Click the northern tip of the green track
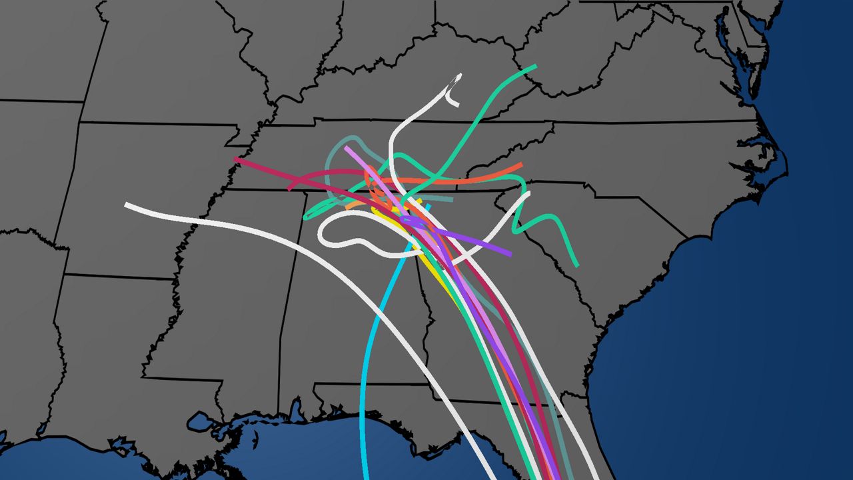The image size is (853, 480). (535, 66)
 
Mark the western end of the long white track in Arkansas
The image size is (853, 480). (127, 205)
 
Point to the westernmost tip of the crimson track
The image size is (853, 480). (235, 159)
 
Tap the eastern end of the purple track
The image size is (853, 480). (510, 254)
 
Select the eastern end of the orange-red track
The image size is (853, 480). (520, 165)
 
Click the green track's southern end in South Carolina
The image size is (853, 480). (577, 266)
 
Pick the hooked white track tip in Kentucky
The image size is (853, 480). (457, 104)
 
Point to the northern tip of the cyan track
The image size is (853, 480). (428, 206)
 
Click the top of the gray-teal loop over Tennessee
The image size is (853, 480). (350, 139)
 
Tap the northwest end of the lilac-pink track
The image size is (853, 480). (346, 147)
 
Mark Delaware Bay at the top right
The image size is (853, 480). (766, 20)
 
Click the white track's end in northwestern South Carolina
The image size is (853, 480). (528, 194)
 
